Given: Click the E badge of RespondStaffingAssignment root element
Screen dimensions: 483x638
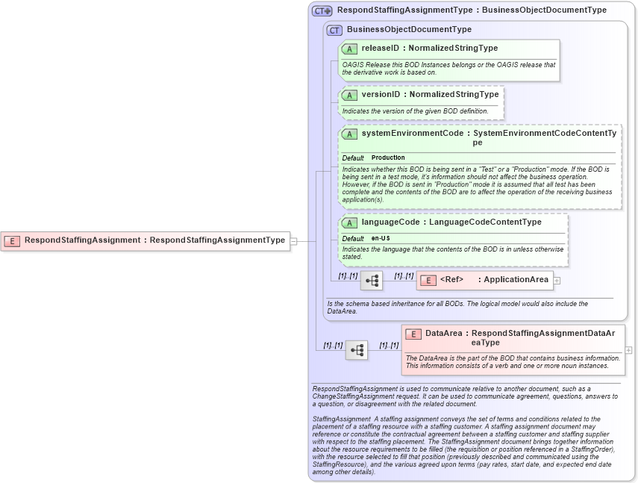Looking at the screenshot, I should tap(12, 240).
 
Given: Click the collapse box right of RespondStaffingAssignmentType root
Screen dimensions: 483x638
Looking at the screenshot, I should tap(294, 240).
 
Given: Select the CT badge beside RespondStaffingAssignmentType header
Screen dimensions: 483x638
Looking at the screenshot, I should tap(322, 11).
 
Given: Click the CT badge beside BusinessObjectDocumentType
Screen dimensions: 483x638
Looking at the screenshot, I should tap(334, 30).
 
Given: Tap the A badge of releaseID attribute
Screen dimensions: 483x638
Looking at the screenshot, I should tap(349, 49).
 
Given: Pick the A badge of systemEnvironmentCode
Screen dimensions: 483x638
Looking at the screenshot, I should tap(349, 134).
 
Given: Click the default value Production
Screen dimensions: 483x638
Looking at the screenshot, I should tap(388, 158).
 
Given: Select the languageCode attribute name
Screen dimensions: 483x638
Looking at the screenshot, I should tap(390, 222).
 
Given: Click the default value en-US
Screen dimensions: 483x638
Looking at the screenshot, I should tap(381, 238).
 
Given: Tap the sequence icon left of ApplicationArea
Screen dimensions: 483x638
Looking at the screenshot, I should tap(372, 281).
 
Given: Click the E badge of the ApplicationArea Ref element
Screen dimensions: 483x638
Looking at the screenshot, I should tap(428, 281).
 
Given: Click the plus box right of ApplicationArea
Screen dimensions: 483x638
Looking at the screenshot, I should tap(557, 281).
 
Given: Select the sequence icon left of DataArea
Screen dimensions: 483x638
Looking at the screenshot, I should tap(357, 349).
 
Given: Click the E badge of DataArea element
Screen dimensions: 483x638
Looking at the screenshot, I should tap(413, 334).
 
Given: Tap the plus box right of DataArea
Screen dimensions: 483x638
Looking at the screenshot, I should tap(628, 349).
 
